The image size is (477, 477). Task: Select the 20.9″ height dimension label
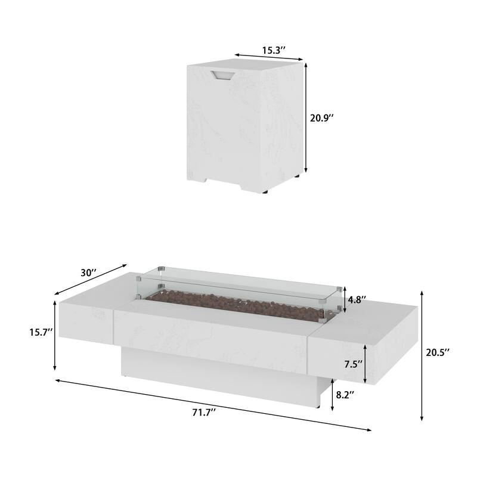point(321,117)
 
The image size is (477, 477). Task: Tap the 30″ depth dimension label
point(89,272)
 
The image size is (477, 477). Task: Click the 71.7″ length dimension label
point(203,412)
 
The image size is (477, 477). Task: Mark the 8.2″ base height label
point(345,395)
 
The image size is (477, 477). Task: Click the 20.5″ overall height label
point(438,352)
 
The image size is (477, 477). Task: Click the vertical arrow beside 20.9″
point(306,117)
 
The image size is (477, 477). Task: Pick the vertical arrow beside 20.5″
point(422,355)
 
